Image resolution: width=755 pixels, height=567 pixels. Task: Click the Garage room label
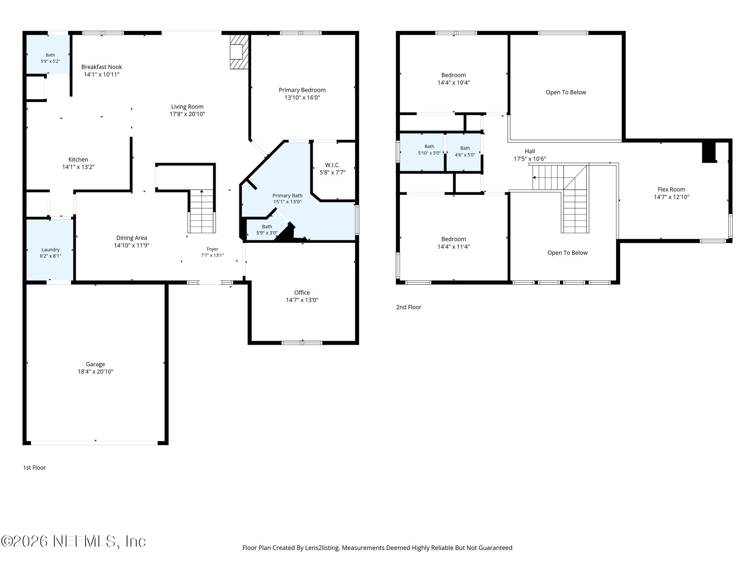[95, 364]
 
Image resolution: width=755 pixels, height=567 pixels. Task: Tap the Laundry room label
[51, 250]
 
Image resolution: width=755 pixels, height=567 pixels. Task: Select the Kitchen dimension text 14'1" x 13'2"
[78, 167]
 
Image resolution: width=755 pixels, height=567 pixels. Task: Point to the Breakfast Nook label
[102, 67]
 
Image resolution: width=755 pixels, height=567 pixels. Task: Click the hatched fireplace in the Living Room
[239, 52]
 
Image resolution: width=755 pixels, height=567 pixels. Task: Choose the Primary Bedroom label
[302, 90]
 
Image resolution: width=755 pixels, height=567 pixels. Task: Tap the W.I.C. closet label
[333, 165]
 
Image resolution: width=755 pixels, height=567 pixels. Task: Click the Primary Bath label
[287, 196]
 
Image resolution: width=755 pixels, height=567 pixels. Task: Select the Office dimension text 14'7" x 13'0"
[302, 300]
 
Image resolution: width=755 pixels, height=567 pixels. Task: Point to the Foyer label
[212, 249]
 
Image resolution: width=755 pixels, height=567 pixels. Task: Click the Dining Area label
[132, 238]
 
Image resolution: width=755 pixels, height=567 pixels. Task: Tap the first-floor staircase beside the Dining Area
[202, 211]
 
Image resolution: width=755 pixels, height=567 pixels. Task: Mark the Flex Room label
[671, 190]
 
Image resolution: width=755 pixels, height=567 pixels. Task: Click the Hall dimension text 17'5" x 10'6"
[530, 159]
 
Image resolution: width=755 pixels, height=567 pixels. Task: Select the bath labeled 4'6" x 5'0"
[465, 152]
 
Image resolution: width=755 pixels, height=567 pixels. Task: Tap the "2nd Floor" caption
[408, 307]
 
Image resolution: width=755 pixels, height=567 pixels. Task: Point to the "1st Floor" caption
[35, 468]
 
